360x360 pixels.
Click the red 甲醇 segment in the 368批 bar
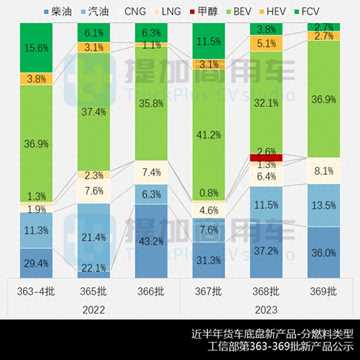point(266,157)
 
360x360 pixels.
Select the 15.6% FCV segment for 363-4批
point(36,48)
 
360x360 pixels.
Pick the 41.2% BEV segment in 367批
point(209,135)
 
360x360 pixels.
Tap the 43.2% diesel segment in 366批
point(152,241)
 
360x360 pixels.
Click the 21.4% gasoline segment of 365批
point(94,237)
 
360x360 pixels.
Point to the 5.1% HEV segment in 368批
point(266,43)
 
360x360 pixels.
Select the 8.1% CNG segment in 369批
point(323,171)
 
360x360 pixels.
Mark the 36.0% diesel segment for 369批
point(323,252)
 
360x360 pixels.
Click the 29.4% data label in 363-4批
point(36,263)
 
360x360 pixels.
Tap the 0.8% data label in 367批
point(209,193)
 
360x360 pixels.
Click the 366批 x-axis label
point(152,291)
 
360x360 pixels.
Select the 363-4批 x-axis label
point(36,291)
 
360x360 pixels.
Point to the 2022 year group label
point(94,310)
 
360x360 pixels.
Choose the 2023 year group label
point(266,310)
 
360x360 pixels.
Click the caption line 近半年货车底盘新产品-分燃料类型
point(272,333)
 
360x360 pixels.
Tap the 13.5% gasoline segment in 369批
point(323,205)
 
